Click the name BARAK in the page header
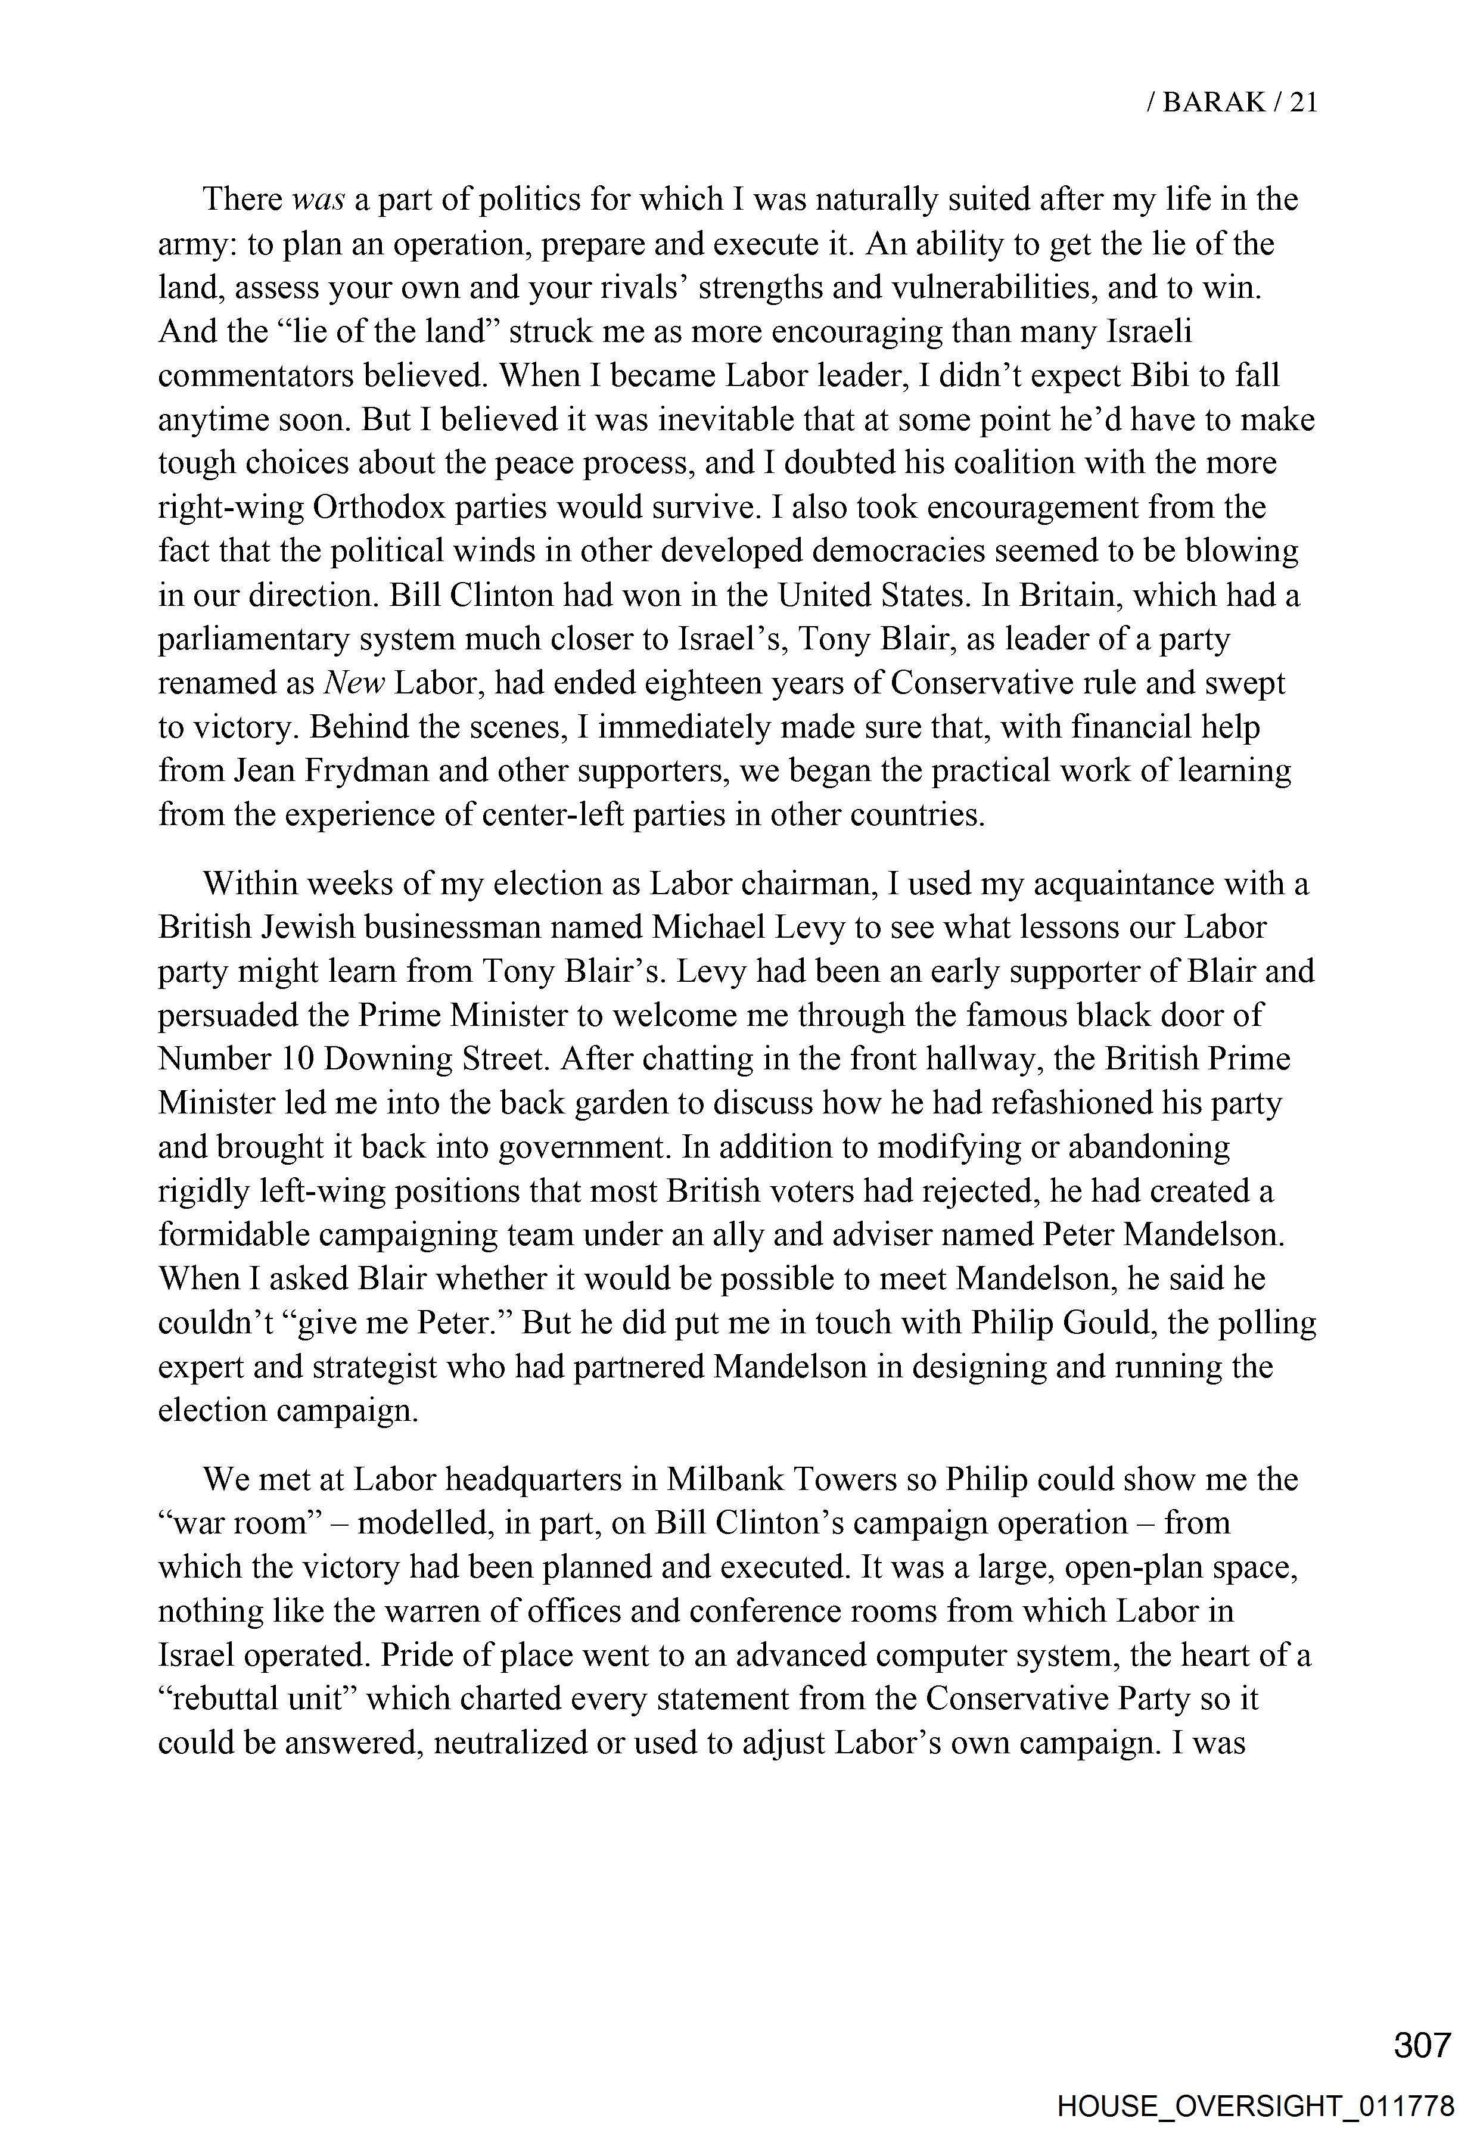coord(1213,102)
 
